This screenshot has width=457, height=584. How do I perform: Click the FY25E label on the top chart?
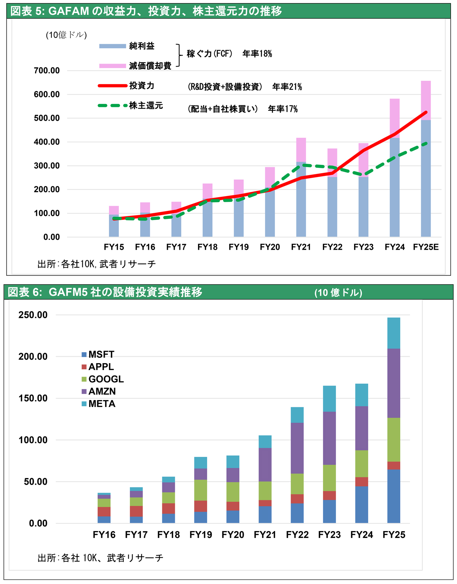(426, 247)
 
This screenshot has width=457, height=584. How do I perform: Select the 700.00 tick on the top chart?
(47, 70)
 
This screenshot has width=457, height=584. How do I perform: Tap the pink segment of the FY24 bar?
(395, 118)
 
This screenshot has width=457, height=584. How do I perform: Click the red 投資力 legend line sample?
(112, 86)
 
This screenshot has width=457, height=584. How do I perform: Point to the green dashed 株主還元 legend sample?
(112, 105)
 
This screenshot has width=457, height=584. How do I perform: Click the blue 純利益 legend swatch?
(112, 46)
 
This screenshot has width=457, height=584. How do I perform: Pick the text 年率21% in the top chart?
(287, 87)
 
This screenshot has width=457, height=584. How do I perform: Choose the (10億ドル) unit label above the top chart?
(66, 35)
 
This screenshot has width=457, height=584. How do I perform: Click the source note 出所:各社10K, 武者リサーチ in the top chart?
(97, 264)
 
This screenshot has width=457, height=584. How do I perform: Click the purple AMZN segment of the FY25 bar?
(394, 383)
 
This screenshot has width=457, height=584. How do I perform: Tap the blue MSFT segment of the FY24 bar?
(361, 504)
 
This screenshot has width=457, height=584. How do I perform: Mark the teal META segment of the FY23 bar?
(329, 399)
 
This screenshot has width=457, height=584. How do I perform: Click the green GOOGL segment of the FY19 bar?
(201, 490)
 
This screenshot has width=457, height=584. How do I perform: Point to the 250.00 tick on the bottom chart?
(33, 315)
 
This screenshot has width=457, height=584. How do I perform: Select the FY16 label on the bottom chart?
(104, 535)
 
